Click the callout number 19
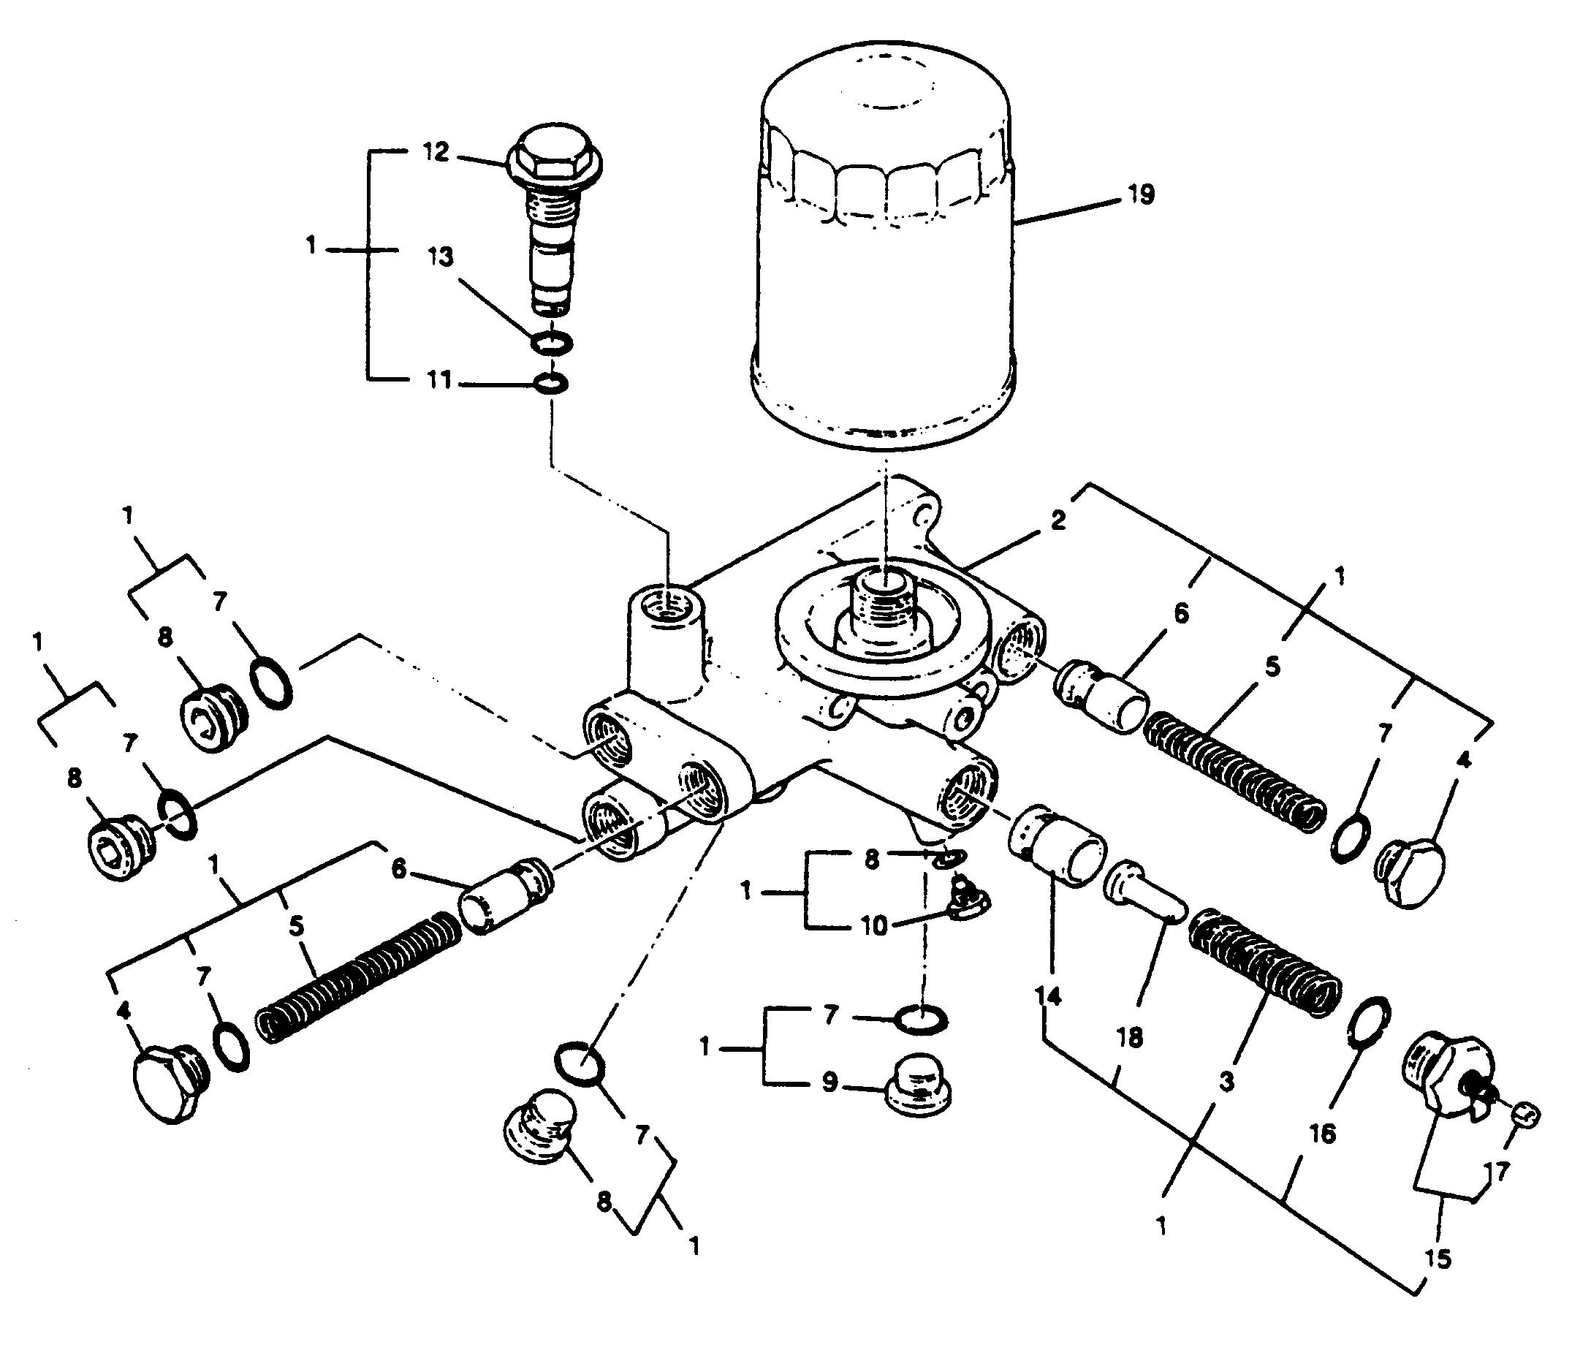tap(1141, 195)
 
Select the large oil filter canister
tap(883, 254)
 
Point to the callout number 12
tap(435, 151)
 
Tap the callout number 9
tap(829, 1082)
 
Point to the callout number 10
tap(874, 926)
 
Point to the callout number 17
tap(1497, 1171)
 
